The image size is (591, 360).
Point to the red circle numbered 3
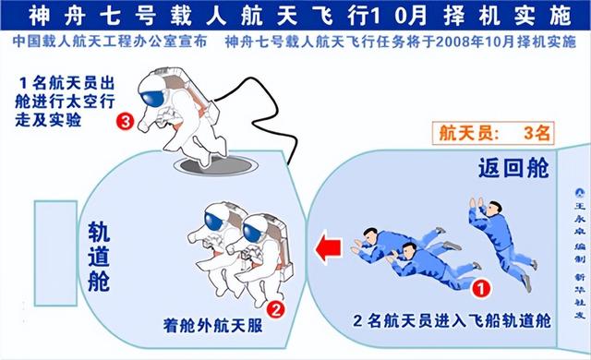point(125,121)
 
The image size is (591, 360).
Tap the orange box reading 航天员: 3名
point(491,132)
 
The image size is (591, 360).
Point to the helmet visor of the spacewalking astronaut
point(153,90)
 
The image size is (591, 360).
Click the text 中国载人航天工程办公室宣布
point(111,42)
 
